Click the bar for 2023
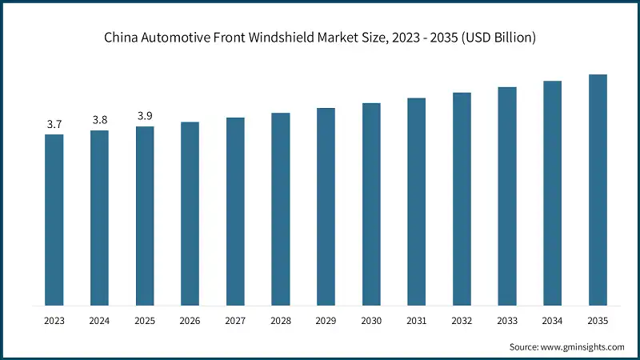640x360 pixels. [x=54, y=220]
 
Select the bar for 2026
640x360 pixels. [x=190, y=214]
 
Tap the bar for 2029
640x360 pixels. [x=326, y=206]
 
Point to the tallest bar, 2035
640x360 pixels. [x=598, y=190]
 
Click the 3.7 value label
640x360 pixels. [x=54, y=124]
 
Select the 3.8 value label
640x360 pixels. [x=99, y=120]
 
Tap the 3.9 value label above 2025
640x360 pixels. [x=145, y=116]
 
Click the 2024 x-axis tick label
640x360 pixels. [x=99, y=321]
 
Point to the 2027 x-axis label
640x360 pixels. [x=235, y=321]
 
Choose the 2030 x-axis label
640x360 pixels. [x=371, y=321]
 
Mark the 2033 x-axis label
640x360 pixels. [x=507, y=321]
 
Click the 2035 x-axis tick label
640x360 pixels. [x=598, y=321]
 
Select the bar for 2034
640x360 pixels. [x=552, y=193]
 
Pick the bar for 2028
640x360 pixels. [x=280, y=209]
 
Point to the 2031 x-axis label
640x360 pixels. [x=416, y=321]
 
